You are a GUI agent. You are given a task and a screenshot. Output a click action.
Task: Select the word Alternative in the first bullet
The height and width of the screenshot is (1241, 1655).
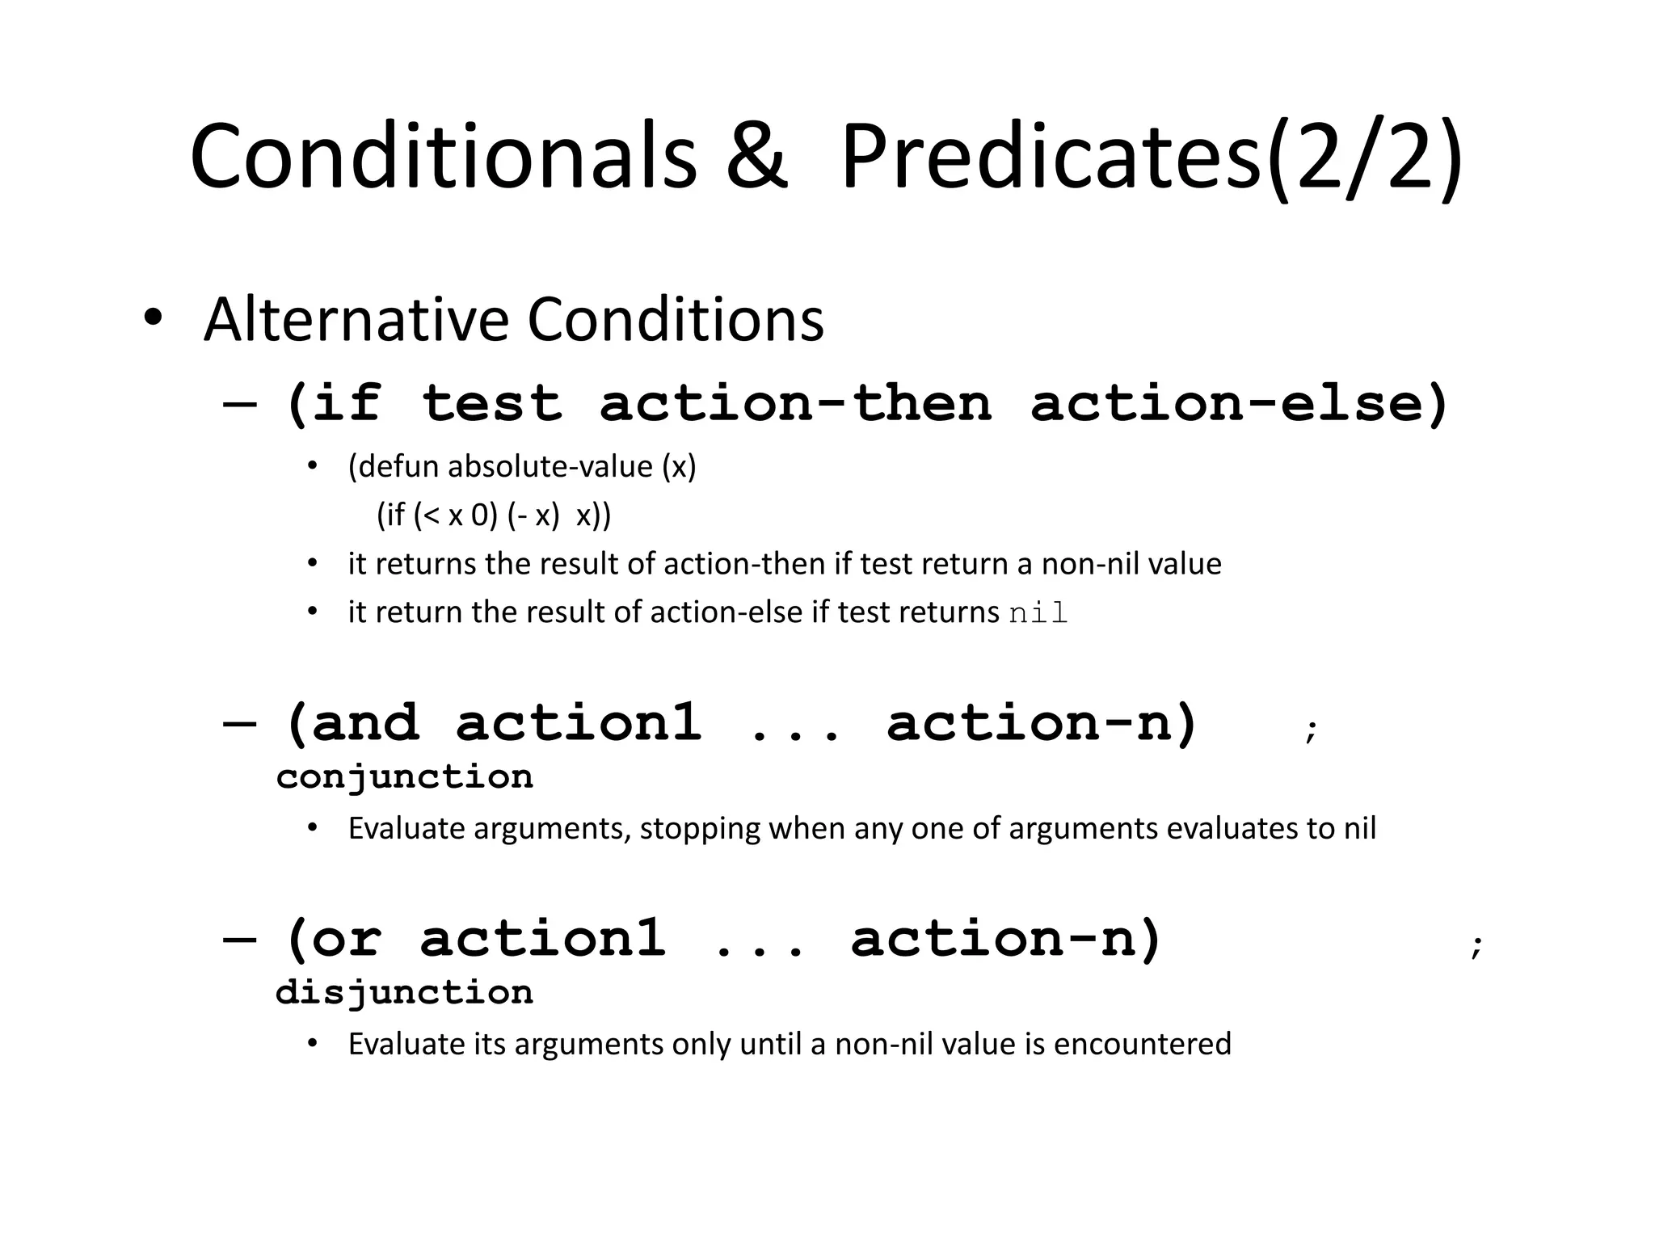pyautogui.click(x=356, y=320)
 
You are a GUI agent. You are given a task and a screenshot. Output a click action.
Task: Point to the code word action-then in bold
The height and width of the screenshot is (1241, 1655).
pyautogui.click(x=795, y=403)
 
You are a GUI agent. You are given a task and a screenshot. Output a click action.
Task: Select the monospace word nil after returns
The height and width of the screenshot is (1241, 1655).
pyautogui.click(x=1038, y=613)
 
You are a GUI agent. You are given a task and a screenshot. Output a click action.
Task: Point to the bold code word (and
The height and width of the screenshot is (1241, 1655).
pyautogui.click(x=352, y=722)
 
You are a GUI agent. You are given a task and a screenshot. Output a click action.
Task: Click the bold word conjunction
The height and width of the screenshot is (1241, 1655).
pyautogui.click(x=404, y=777)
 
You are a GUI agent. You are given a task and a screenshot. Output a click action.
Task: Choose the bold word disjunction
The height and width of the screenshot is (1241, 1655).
pyautogui.click(x=404, y=993)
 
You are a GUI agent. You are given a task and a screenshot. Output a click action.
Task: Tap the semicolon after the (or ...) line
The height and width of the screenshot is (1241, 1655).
pyautogui.click(x=1476, y=945)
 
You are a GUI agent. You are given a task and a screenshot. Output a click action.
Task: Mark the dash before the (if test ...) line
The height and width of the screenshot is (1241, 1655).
pyautogui.click(x=240, y=403)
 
